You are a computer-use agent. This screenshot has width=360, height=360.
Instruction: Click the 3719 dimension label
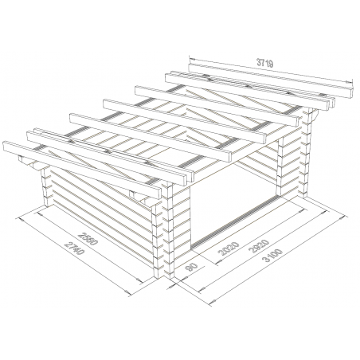(265, 63)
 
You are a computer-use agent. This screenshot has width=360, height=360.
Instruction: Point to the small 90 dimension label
(191, 267)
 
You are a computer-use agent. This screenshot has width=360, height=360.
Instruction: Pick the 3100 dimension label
(272, 255)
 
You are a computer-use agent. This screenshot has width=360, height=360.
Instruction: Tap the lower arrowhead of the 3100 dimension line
(212, 302)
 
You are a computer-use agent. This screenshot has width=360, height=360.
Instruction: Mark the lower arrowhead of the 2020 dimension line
(217, 263)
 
